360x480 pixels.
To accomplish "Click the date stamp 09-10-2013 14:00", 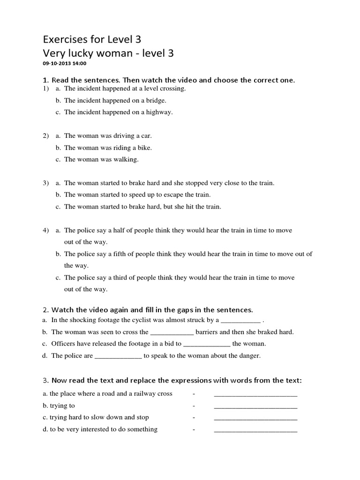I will coord(65,63).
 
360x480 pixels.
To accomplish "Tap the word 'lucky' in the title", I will coord(82,53).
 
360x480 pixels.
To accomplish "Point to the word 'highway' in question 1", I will coord(159,112).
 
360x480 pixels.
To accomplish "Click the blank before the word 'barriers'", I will coord(171,333).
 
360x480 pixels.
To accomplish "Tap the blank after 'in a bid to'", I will coord(206,345).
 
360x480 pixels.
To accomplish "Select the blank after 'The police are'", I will coord(118,356).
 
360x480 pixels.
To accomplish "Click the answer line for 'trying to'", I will coord(255,406).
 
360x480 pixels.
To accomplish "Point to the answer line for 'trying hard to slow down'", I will coord(255,418).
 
